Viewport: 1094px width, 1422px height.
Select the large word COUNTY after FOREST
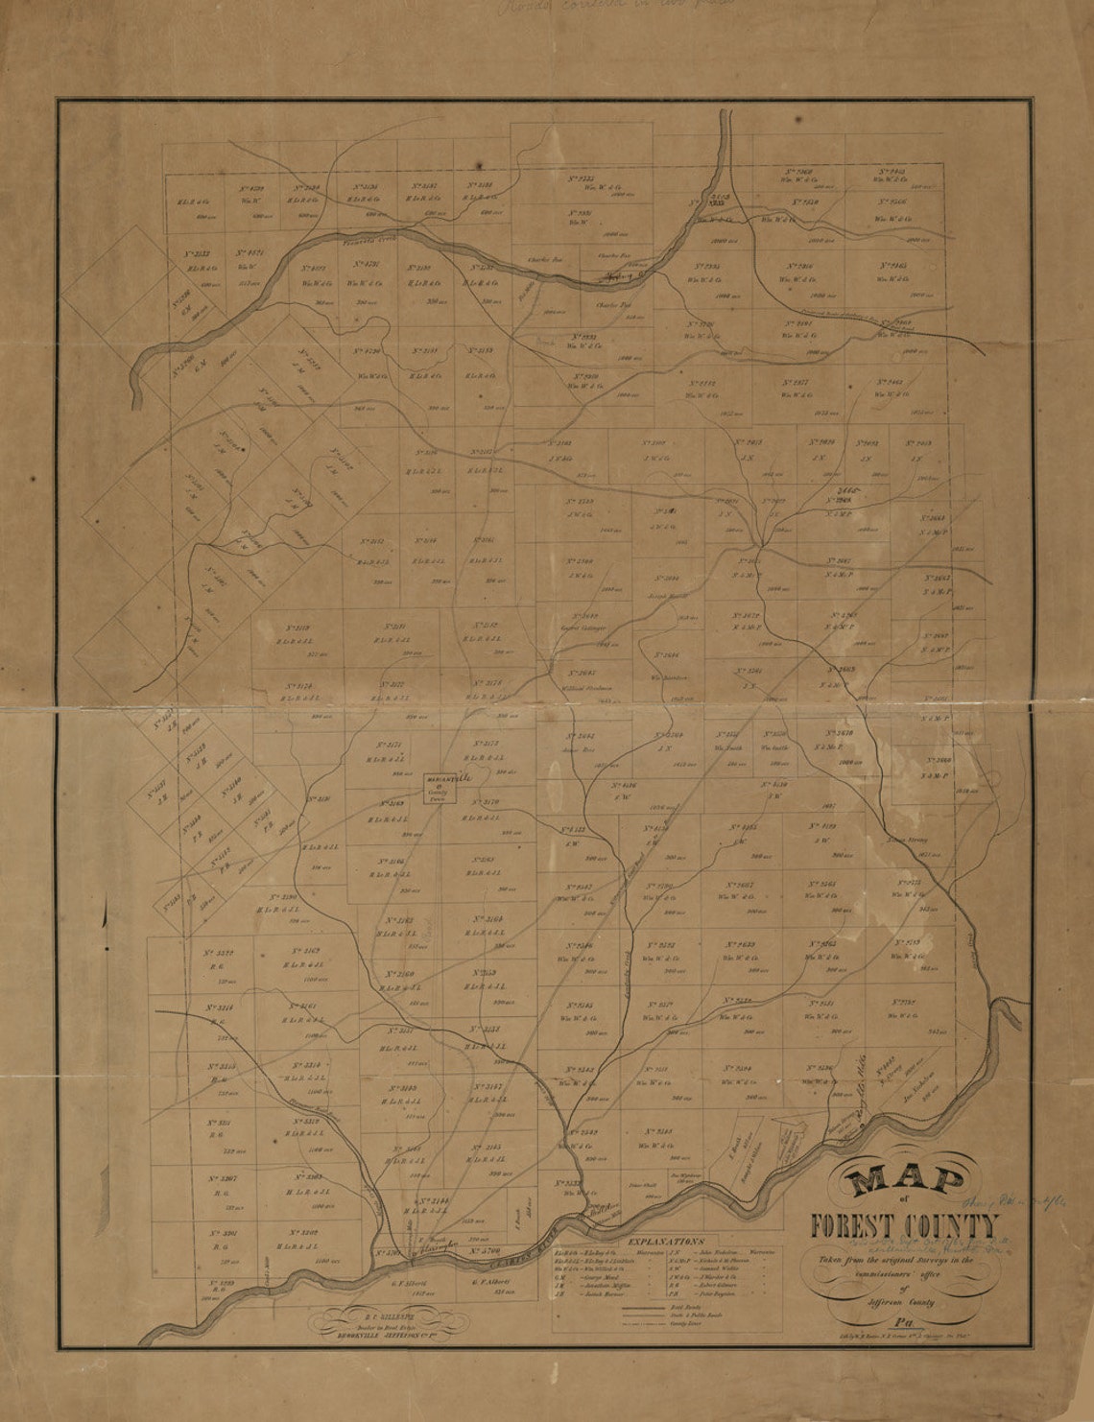click(949, 1227)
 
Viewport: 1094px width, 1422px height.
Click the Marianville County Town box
click(441, 788)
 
